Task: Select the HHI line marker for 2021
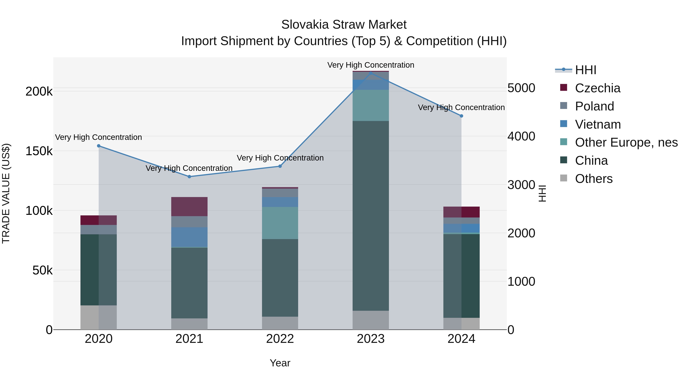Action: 189,177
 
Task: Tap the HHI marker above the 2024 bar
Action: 461,116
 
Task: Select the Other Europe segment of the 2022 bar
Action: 280,223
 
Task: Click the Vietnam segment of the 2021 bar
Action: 189,237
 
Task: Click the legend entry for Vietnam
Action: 598,124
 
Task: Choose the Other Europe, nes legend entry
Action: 626,142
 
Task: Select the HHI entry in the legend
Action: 585,70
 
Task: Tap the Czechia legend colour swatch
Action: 564,88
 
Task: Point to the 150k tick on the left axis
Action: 39,151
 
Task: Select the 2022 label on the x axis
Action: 280,339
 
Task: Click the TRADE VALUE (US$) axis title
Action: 6,193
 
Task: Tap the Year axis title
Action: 280,363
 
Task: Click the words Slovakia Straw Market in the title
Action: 344,25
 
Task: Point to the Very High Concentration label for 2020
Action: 99,137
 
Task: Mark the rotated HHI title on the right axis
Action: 542,193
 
